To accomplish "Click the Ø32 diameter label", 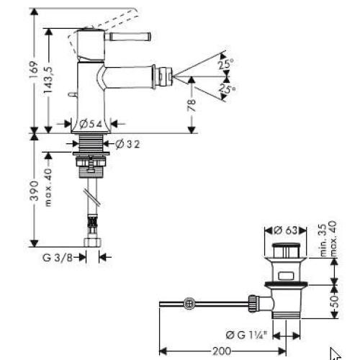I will pos(127,145).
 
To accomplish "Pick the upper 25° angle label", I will pos(226,64).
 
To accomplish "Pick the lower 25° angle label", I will pos(226,89).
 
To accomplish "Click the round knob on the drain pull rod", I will pos(189,302).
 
